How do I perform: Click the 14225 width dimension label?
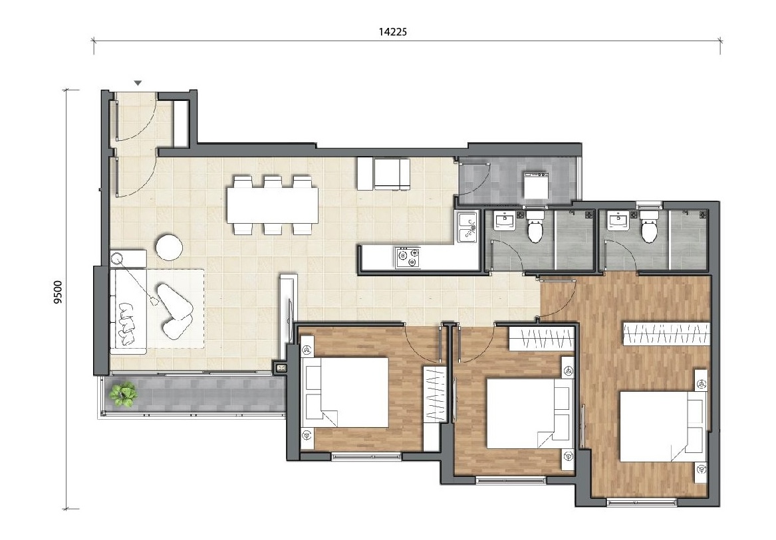pos(392,32)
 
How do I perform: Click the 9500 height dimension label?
pos(59,292)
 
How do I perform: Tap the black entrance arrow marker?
pos(138,83)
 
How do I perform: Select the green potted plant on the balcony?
pos(123,394)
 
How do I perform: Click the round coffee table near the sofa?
pos(170,246)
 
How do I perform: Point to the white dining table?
pos(272,205)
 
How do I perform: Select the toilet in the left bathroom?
pos(535,226)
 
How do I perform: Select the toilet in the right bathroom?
pos(649,226)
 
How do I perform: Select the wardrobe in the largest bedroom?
pos(667,333)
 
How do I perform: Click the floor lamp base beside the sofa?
pos(117,258)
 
